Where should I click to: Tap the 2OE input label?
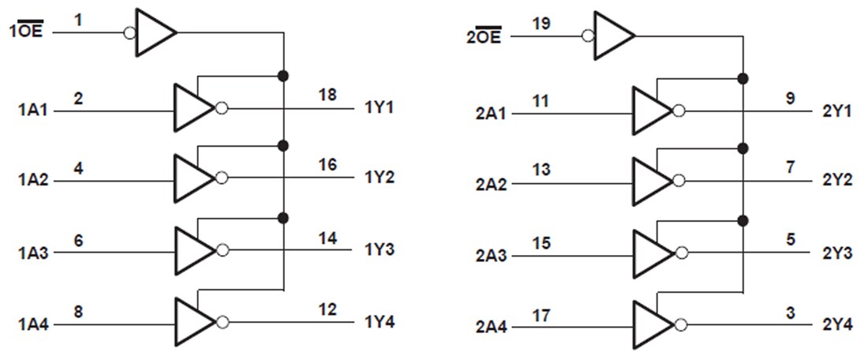coord(484,37)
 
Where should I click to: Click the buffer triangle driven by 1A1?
coord(193,108)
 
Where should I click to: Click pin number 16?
coord(327,164)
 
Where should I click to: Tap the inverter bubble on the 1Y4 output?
coord(222,321)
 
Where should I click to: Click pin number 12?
coord(327,309)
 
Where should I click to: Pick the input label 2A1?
coord(492,113)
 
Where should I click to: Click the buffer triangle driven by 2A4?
coord(652,324)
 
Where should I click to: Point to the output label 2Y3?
coord(837,254)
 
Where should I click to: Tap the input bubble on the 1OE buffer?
coord(130,33)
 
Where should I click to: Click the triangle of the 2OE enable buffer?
coord(612,36)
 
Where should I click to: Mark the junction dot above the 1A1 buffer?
coord(282,76)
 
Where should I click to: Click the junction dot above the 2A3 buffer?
coord(742,219)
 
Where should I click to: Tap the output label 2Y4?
coord(837,324)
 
